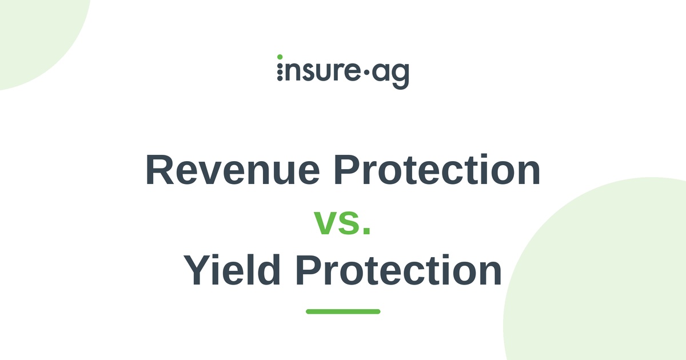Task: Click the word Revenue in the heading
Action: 233,170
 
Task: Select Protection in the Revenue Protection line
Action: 437,170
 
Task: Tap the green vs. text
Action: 342,222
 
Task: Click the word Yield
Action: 232,270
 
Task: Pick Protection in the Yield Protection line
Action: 398,270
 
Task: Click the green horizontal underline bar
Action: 343,311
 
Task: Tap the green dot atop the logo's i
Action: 280,57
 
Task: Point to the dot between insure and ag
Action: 366,72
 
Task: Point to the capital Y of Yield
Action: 197,270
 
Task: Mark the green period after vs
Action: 367,231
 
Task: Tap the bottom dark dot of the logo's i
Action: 280,78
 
